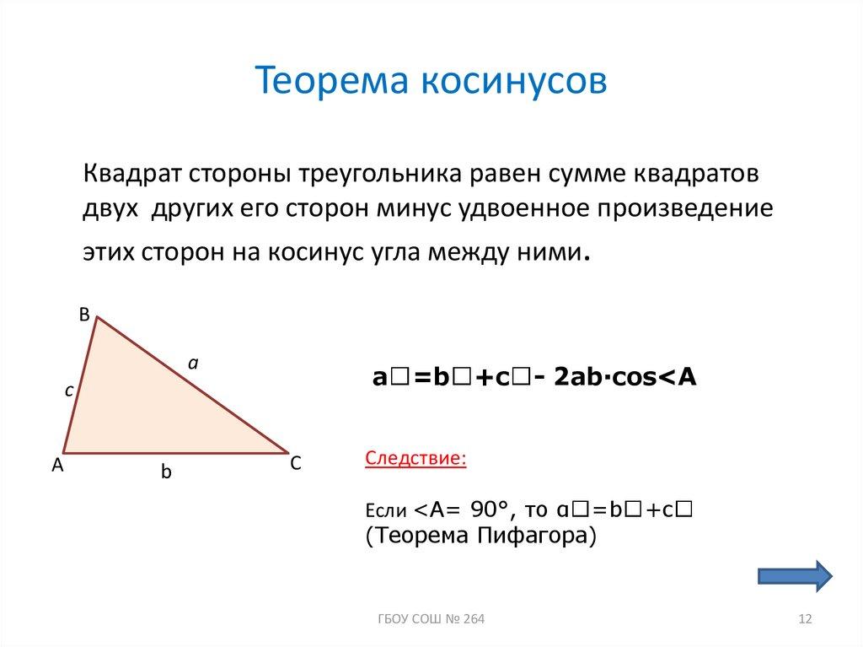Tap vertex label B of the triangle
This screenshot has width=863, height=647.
pos(83,314)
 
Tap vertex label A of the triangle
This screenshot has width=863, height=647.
pos(57,464)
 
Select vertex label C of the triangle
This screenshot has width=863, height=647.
pos(296,464)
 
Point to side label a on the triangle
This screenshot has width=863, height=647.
pos(192,363)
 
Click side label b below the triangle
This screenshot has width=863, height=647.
pos(166,473)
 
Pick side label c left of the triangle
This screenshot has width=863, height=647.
pos(71,391)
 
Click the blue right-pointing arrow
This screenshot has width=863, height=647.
pos(795,574)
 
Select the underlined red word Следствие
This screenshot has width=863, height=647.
pos(415,459)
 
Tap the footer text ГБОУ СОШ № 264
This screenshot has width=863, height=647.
pos(431,620)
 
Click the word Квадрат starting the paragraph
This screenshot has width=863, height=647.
pos(131,175)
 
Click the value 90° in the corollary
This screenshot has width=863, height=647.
pos(492,509)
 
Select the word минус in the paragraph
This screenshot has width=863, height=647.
pos(410,209)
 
